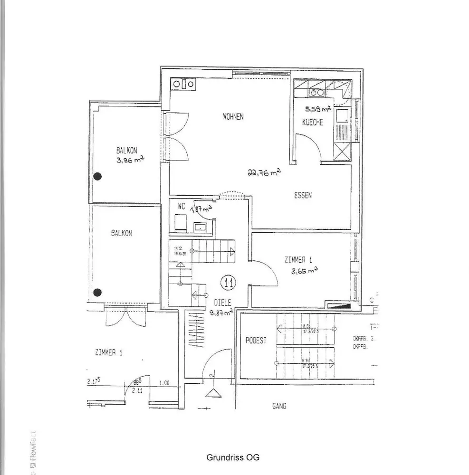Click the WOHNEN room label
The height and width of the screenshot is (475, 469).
(233, 116)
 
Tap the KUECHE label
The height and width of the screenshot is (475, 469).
(313, 123)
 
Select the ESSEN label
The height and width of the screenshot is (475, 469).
(303, 195)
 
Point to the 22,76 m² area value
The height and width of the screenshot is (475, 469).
(264, 173)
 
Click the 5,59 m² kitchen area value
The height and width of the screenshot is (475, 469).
(317, 108)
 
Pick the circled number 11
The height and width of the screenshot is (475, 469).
(229, 284)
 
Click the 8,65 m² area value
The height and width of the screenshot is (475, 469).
(304, 271)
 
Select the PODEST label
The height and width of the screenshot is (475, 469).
(256, 341)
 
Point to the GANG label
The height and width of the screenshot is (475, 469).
(279, 406)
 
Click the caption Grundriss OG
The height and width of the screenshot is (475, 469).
(233, 458)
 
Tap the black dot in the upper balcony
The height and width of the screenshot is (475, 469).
(97, 176)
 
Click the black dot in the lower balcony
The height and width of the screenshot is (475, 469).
(97, 292)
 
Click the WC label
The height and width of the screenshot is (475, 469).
(181, 206)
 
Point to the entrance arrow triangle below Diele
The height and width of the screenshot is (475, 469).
(213, 393)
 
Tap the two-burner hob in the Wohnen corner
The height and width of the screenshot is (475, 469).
(183, 84)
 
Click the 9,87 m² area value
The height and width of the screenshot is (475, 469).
(221, 312)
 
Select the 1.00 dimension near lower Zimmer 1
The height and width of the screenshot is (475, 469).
(164, 383)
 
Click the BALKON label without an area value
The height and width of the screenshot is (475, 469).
(122, 233)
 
